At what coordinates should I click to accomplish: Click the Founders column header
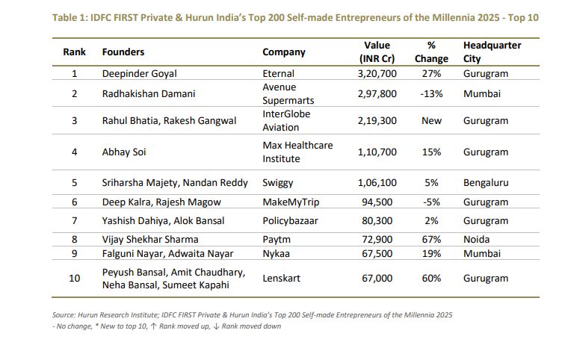(x=123, y=52)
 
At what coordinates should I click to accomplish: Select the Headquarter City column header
(x=492, y=52)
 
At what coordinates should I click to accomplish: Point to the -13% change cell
(x=431, y=94)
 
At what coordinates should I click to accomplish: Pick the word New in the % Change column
(x=431, y=121)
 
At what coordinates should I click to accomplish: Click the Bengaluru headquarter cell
(x=486, y=182)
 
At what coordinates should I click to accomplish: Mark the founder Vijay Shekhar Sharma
(x=150, y=239)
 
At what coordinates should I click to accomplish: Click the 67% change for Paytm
(x=431, y=239)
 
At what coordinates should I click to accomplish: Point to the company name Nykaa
(x=276, y=253)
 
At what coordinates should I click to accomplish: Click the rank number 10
(x=74, y=278)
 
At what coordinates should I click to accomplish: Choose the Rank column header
(x=74, y=52)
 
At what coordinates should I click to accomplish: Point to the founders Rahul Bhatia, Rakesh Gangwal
(x=169, y=121)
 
